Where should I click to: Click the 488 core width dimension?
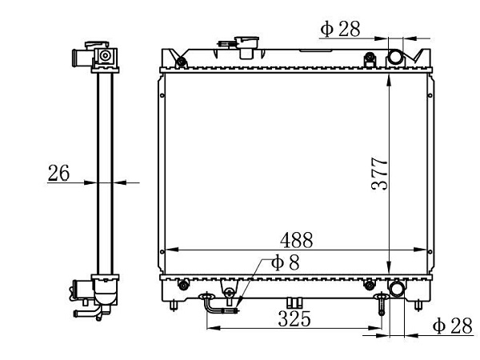click(296, 240)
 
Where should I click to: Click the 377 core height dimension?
click(379, 174)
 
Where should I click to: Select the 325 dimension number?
click(294, 318)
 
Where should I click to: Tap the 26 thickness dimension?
click(58, 173)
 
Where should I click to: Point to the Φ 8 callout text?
click(285, 262)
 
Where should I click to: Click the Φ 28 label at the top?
click(340, 29)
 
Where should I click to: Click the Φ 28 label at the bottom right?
click(453, 326)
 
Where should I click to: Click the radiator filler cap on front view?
click(246, 47)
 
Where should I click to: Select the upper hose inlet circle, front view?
click(395, 58)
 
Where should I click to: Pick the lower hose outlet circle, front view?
click(397, 289)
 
